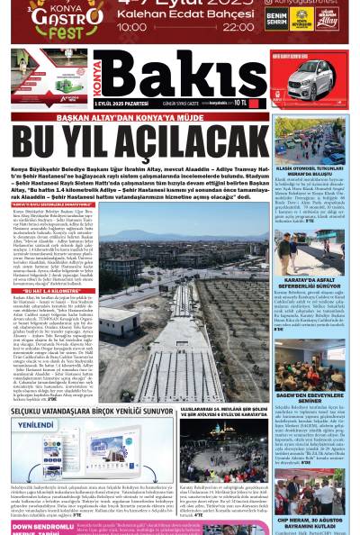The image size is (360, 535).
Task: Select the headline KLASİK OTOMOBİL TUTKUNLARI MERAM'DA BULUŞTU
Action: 322,174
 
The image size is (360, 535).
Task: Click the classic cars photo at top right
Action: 322,141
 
